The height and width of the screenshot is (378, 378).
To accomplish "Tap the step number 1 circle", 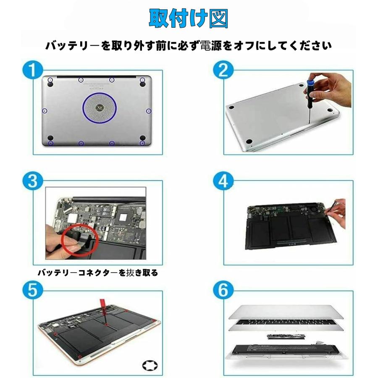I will [x=34, y=69].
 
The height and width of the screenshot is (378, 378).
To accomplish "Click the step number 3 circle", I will [x=34, y=181].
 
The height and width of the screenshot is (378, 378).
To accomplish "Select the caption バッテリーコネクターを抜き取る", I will [x=98, y=273].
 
